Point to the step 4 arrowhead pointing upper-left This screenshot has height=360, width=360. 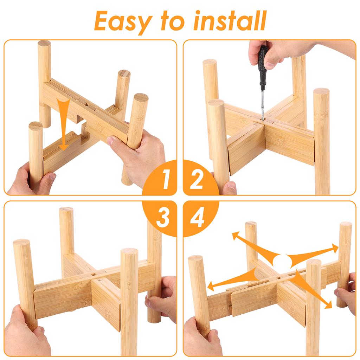[x=234, y=235]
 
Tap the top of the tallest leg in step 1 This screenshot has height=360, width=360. [x=44, y=44]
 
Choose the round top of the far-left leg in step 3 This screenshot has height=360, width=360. [x=21, y=242]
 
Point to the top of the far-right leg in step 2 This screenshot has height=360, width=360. [x=321, y=91]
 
